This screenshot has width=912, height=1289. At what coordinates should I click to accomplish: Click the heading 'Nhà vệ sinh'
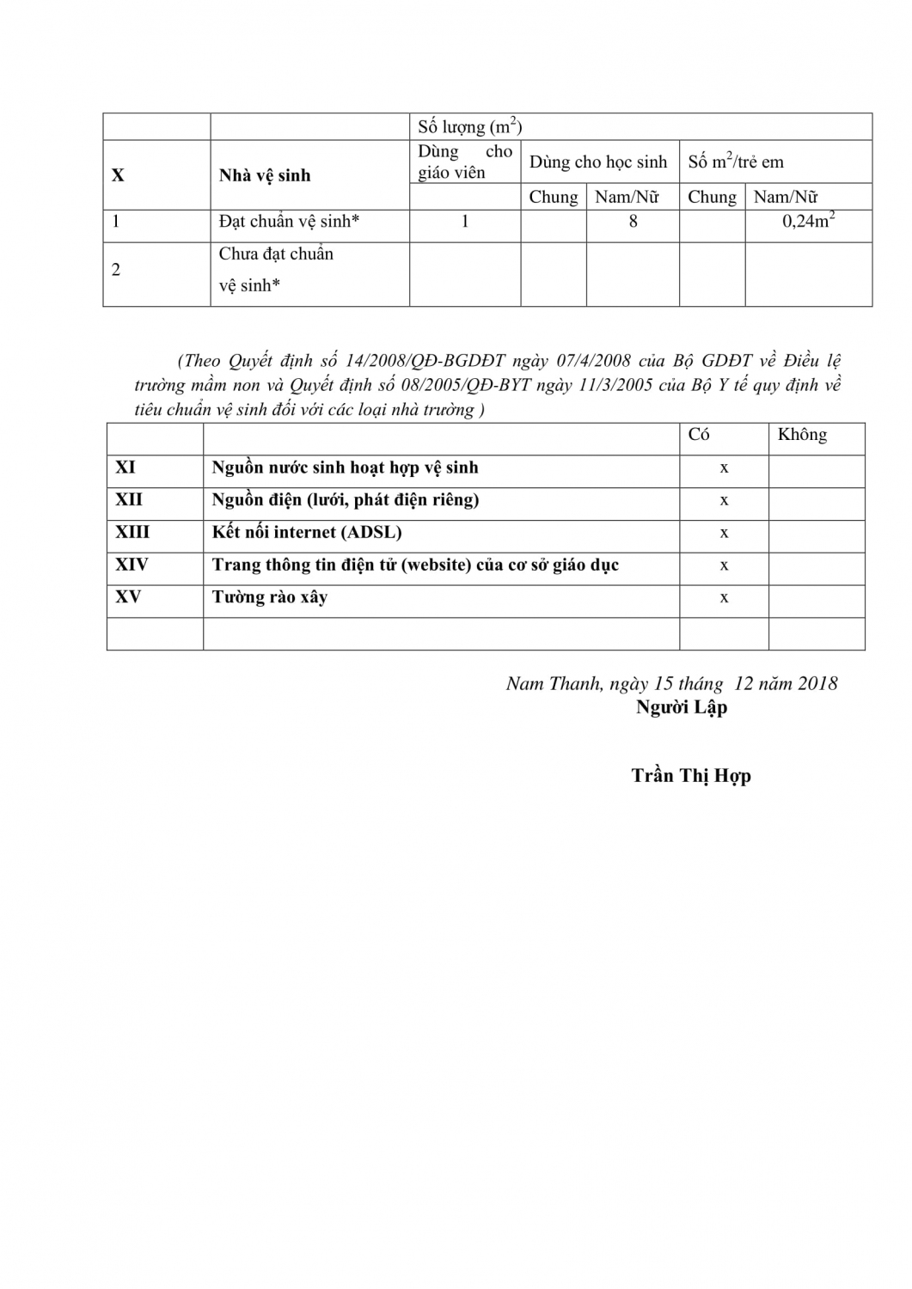(265, 175)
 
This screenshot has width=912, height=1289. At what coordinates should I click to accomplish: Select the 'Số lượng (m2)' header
(469, 127)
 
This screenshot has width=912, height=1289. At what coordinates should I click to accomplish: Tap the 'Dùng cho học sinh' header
(598, 162)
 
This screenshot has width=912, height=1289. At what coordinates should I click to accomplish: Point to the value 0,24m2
(808, 222)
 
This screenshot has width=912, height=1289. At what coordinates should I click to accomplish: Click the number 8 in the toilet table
(634, 222)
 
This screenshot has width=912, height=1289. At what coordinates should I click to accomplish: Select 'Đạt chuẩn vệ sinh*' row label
(289, 222)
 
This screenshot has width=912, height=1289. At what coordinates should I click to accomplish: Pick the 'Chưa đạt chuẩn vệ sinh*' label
(276, 269)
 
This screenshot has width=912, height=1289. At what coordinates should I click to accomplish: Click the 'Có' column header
(699, 435)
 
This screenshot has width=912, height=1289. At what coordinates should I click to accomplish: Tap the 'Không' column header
(802, 435)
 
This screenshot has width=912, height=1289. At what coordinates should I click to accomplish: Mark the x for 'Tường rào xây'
(724, 598)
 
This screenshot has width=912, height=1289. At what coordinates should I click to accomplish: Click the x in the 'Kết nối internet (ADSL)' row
(724, 533)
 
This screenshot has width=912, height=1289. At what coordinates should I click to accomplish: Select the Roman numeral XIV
(132, 565)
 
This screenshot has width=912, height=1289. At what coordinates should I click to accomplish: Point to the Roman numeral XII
(129, 500)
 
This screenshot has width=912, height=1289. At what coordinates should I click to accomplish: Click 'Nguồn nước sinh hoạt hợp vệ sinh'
(345, 467)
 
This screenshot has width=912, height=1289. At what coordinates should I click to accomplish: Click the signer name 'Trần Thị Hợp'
(691, 775)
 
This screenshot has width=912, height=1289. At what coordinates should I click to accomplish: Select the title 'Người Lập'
(681, 707)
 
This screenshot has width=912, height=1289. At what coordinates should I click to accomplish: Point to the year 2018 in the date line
(817, 684)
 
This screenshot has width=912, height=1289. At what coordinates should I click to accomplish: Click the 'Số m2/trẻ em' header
(736, 162)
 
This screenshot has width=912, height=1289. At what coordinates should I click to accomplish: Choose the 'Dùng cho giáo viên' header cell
(464, 162)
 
